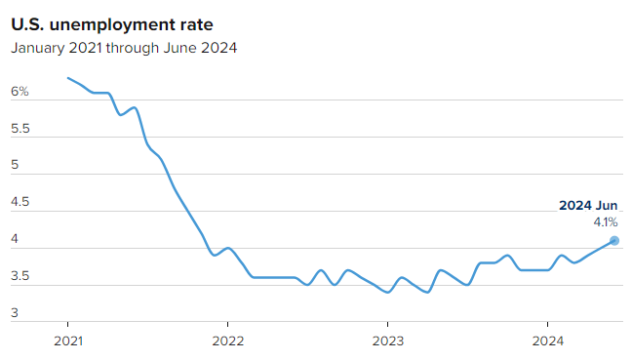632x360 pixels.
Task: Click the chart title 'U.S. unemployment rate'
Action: pos(111,25)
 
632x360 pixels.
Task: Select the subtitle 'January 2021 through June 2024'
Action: pos(124,48)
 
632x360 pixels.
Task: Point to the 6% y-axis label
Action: pos(20,92)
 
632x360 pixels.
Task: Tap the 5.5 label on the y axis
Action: pos(20,129)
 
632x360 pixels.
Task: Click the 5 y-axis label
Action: pos(15,165)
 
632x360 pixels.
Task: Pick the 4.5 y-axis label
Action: pos(20,202)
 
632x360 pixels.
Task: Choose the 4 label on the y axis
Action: pos(15,239)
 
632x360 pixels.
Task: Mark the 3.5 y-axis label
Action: pos(20,276)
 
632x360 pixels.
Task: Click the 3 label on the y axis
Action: pos(15,313)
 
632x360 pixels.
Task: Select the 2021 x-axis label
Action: pos(68,341)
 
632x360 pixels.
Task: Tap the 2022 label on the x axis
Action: pos(227,341)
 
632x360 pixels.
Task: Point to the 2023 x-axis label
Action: pos(388,341)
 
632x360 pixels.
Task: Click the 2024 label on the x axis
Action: pos(548,341)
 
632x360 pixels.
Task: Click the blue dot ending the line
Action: pos(614,241)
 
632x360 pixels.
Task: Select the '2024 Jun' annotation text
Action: pos(588,206)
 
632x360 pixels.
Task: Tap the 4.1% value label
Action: pos(606,222)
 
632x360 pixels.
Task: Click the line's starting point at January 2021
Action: pos(68,78)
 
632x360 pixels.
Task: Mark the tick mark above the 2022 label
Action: pos(227,324)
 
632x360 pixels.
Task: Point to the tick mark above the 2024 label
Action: pos(547,324)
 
